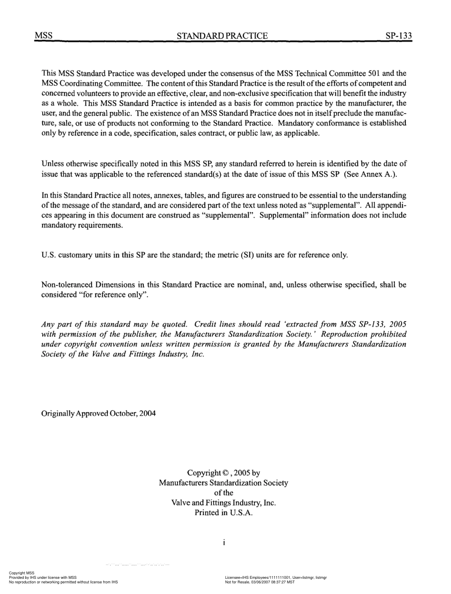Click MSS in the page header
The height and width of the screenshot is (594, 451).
tap(44, 36)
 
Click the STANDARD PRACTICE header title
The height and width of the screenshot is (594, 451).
tap(222, 36)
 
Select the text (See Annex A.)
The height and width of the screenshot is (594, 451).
tap(370, 174)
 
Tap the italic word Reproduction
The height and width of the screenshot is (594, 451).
tap(347, 335)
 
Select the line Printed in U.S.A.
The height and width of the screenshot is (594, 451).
tap(223, 513)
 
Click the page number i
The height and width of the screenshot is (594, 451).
tap(223, 543)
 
